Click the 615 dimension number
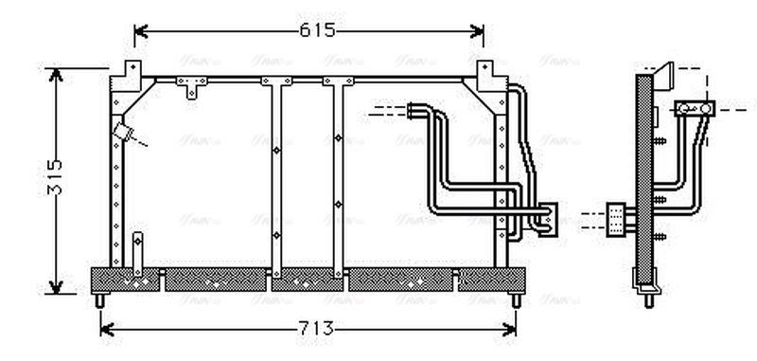pos(318,30)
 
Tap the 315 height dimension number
pos(54,176)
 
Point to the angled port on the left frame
pos(121,131)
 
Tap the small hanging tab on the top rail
pos(194,89)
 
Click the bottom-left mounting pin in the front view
pos(100,298)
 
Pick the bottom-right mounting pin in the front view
pos(516,298)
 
